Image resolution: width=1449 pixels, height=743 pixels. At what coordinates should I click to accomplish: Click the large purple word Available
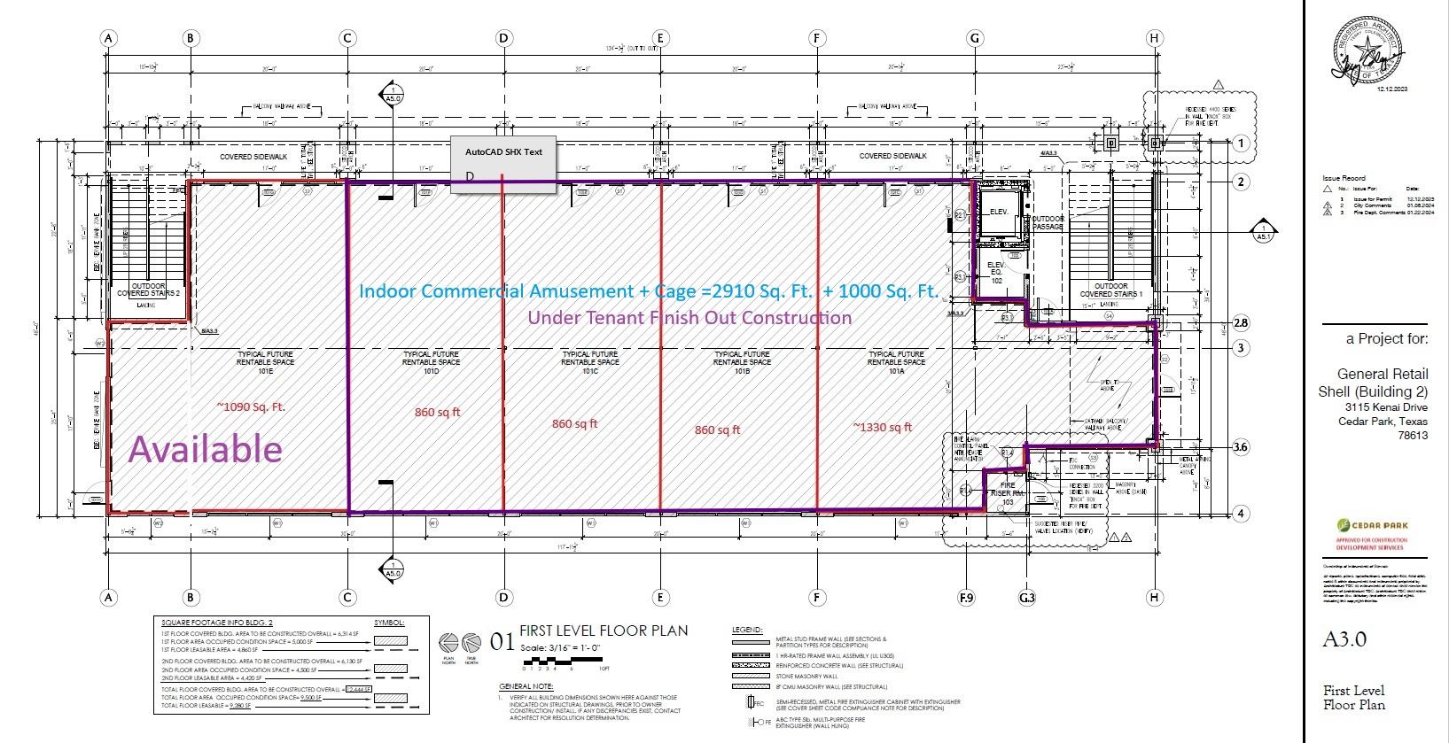(206, 449)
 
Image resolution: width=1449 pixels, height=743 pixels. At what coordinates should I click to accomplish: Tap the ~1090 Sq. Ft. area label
(252, 406)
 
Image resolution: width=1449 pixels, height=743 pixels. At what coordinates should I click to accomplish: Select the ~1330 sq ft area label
(882, 428)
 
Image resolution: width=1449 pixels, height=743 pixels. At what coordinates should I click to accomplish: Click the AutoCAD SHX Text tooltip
(503, 152)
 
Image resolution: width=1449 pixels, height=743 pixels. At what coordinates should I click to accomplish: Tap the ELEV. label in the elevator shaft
(998, 212)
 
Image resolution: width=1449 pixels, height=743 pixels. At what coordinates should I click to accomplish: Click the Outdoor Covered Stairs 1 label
(1110, 290)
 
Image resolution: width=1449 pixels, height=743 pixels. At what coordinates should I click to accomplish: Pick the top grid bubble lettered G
(975, 38)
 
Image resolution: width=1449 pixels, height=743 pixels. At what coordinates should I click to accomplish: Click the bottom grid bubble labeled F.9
(966, 598)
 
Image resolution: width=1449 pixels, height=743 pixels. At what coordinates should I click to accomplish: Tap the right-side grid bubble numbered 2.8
(1240, 322)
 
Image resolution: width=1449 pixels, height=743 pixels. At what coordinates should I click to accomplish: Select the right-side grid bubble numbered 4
(1241, 514)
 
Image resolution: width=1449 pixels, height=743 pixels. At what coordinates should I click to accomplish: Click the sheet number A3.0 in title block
(1345, 639)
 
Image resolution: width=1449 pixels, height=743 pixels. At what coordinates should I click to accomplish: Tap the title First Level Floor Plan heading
(604, 631)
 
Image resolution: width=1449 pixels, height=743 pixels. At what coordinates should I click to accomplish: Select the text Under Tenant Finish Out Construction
(689, 318)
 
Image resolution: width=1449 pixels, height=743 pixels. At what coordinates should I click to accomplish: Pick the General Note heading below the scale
(526, 686)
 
